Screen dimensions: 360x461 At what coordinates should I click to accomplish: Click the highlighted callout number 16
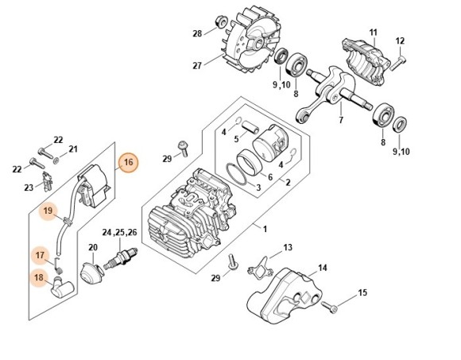[129, 164]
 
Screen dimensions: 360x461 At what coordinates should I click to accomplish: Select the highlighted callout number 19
[48, 211]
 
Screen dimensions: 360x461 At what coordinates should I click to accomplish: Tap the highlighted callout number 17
[40, 255]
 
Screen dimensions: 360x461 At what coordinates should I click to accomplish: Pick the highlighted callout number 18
[38, 277]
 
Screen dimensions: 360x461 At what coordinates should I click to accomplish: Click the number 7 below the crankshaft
[341, 122]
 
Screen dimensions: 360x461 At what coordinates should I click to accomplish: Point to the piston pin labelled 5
[250, 127]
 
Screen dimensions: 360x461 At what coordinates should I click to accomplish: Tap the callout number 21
[72, 149]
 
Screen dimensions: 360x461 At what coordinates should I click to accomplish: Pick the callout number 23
[29, 188]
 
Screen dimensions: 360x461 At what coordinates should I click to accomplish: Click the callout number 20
[92, 248]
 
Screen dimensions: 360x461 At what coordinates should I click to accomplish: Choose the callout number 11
[372, 31]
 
